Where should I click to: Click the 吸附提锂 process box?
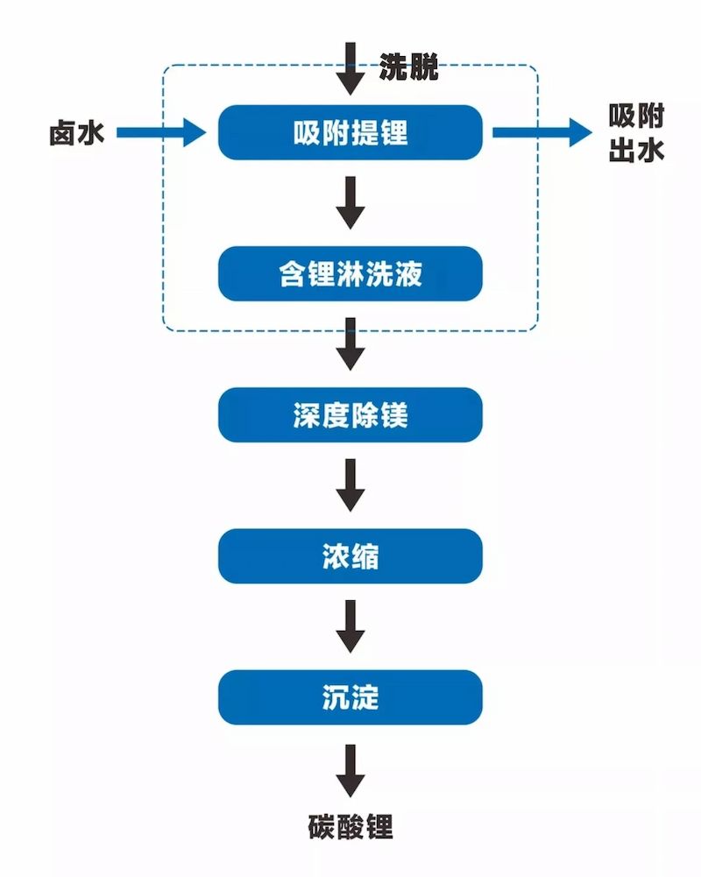[x=350, y=132]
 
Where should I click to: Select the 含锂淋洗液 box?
[x=350, y=273]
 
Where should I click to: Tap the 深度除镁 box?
[x=350, y=414]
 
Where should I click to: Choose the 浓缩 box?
[x=350, y=555]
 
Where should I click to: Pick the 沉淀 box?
[x=350, y=697]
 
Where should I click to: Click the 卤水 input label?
[x=76, y=133]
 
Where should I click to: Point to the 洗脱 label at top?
[x=408, y=67]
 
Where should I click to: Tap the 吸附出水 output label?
[x=636, y=133]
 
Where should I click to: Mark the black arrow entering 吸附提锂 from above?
[x=350, y=68]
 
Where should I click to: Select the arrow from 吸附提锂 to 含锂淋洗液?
[x=350, y=202]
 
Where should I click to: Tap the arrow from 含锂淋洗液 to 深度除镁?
[x=350, y=343]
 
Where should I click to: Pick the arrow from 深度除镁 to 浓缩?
[x=350, y=484]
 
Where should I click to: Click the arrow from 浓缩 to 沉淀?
[x=350, y=626]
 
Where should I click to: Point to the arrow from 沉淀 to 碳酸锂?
[x=350, y=770]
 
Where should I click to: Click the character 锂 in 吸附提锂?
[x=393, y=132]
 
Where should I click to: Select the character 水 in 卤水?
[x=91, y=133]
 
